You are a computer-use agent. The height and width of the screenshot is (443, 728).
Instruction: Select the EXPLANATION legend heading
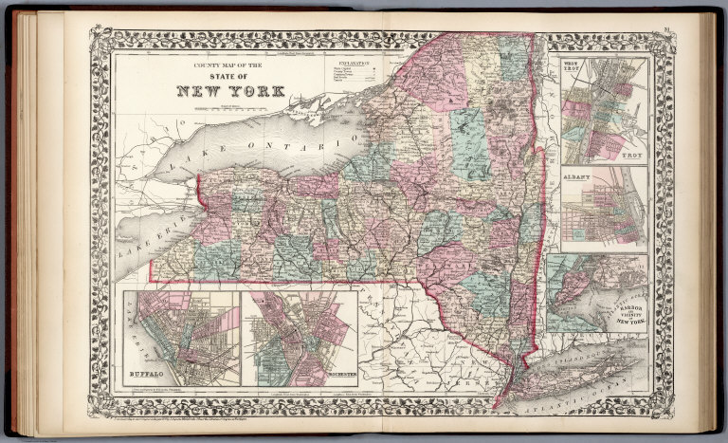pyautogui.click(x=352, y=61)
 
